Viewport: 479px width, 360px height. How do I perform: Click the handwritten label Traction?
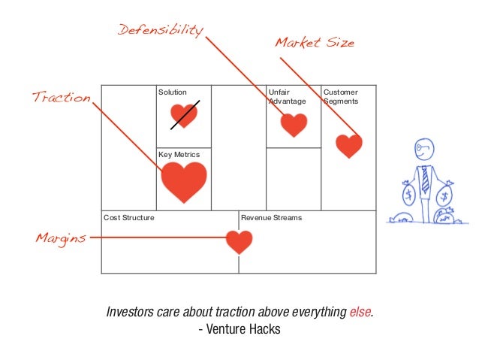[60, 98]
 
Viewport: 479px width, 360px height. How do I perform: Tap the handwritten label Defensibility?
[160, 31]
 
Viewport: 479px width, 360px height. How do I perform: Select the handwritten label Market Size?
[314, 43]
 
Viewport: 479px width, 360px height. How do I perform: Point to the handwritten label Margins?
[60, 238]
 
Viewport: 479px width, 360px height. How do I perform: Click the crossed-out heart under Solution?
[183, 114]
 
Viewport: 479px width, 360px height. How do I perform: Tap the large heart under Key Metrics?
[184, 180]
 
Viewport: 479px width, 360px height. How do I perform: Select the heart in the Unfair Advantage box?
[294, 124]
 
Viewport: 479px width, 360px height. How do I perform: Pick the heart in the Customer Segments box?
[348, 145]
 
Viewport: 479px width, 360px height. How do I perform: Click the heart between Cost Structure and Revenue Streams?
[239, 241]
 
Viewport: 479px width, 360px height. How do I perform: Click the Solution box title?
[172, 92]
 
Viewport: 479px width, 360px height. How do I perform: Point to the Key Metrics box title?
[179, 155]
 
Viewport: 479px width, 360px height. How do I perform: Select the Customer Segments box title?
[341, 97]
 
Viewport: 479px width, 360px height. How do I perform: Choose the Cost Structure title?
[129, 218]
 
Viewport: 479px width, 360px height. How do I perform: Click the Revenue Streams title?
[271, 218]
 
